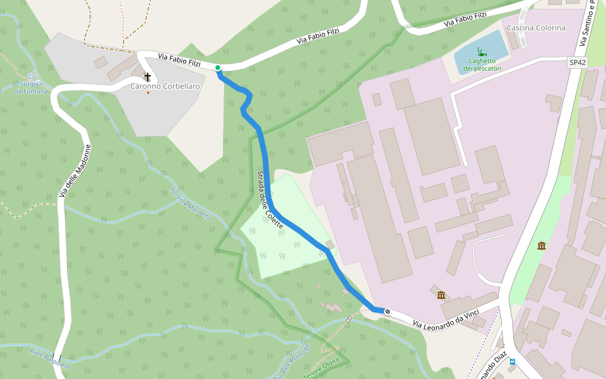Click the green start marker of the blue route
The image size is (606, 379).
(x=218, y=68)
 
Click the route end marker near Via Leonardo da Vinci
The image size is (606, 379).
(x=388, y=311)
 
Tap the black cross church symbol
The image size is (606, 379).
(x=148, y=76)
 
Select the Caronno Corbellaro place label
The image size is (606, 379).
(x=165, y=86)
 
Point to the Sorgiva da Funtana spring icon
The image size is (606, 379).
(x=31, y=76)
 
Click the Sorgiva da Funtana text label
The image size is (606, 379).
(x=31, y=87)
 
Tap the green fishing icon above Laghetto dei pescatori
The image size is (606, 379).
(x=482, y=52)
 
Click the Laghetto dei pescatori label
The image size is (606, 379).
(x=482, y=64)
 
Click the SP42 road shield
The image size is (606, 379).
(x=578, y=63)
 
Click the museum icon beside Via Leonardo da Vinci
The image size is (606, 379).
(x=441, y=295)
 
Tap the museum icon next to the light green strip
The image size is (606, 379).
(x=542, y=245)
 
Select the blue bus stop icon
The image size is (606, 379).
(x=513, y=362)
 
